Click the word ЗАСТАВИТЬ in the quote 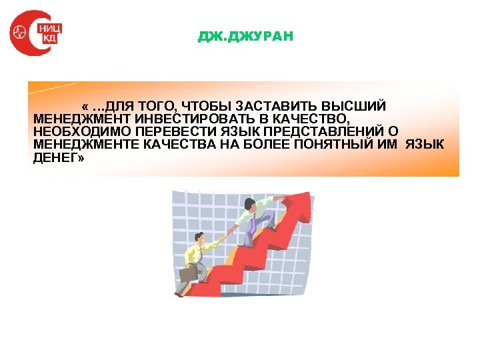273,107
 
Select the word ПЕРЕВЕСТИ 157,131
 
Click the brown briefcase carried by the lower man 189,273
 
